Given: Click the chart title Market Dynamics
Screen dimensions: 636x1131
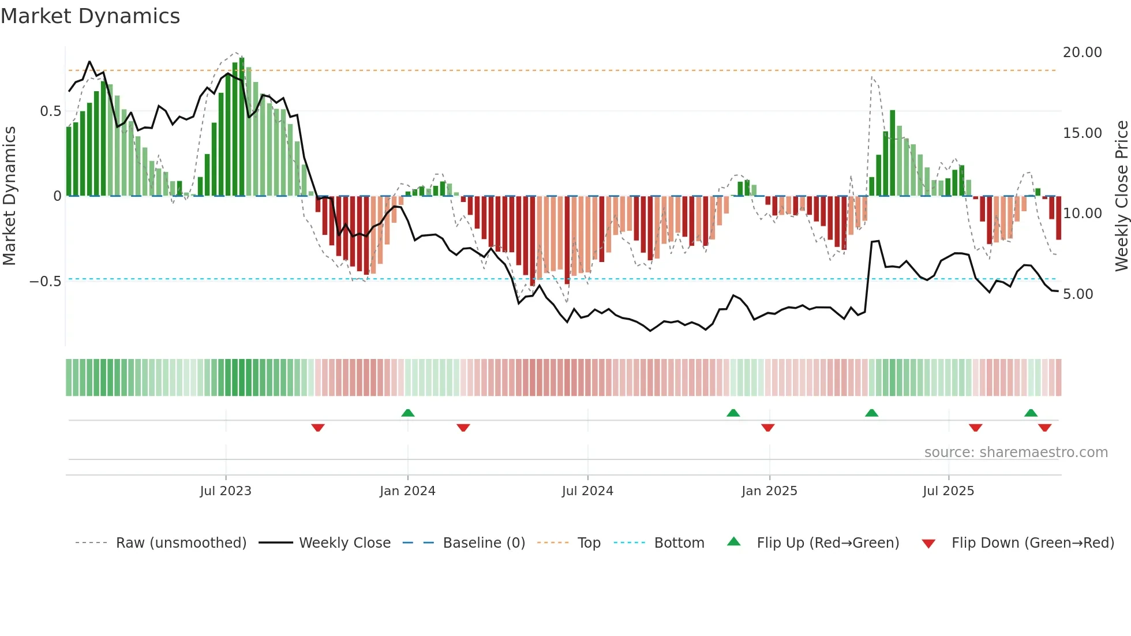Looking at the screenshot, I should (x=90, y=16).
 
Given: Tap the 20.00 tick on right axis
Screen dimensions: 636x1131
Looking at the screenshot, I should (x=1082, y=53).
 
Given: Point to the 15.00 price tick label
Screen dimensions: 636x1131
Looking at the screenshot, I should (x=1082, y=133).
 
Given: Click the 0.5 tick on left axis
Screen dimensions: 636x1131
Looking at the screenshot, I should (x=50, y=111).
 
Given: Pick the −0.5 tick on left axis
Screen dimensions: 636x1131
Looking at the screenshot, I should (x=45, y=282).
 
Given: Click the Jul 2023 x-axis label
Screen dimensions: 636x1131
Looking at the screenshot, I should (x=226, y=491).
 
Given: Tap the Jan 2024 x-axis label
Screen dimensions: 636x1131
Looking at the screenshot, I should (x=407, y=491).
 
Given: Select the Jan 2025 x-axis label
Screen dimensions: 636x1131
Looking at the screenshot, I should (x=769, y=491).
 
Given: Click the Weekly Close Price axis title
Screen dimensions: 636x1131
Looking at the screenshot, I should (x=1121, y=196).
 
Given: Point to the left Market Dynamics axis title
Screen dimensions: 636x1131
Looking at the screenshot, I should (x=9, y=196).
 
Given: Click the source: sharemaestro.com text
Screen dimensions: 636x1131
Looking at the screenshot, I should (x=1016, y=452).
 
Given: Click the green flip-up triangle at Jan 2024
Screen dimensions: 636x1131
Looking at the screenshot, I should (x=408, y=413).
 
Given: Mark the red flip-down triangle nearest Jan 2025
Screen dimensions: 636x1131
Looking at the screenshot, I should (x=767, y=428).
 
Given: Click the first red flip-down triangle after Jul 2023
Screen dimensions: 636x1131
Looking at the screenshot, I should (x=318, y=428).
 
